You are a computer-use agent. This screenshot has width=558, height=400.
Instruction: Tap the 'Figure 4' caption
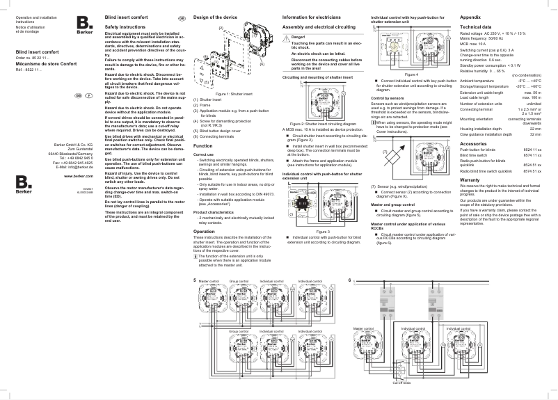411,74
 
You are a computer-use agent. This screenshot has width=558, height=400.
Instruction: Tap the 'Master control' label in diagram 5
209,282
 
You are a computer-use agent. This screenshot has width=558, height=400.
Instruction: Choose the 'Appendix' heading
471,15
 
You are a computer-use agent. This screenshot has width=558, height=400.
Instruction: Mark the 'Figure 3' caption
322,230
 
